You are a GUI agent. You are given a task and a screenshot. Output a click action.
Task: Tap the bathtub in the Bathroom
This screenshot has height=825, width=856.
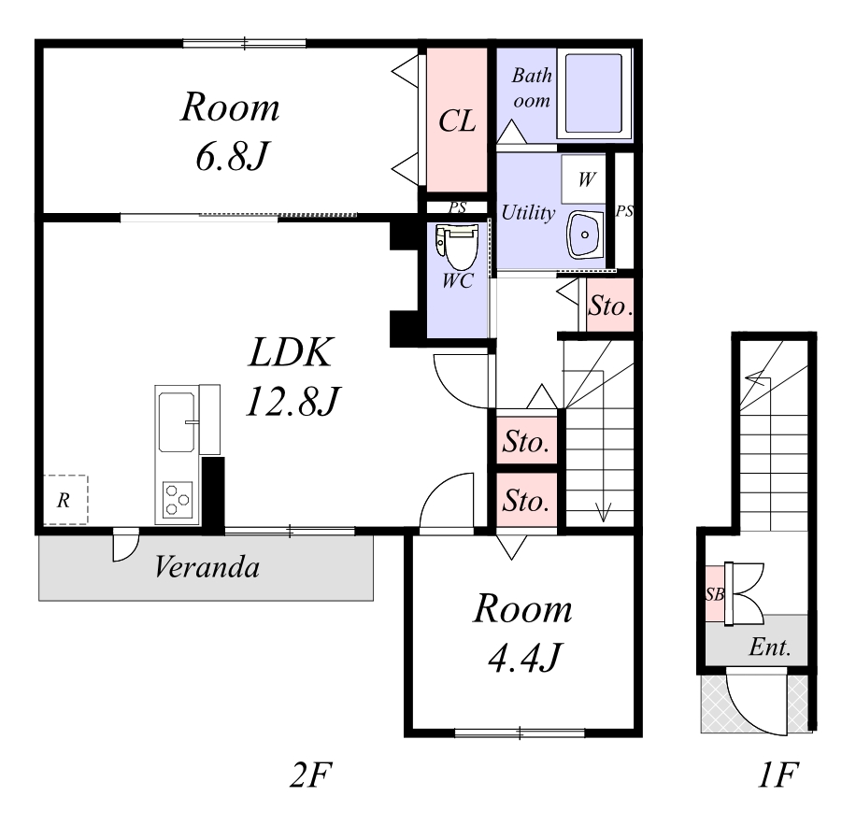[x=593, y=92]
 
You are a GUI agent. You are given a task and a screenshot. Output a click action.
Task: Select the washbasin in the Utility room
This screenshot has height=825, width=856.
[x=585, y=235]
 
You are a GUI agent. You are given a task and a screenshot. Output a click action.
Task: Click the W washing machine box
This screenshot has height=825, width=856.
[x=583, y=179]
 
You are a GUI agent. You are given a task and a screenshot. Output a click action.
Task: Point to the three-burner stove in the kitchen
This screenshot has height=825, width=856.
[x=178, y=499]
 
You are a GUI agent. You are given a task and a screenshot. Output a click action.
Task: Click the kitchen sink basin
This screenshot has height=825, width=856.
[x=177, y=421]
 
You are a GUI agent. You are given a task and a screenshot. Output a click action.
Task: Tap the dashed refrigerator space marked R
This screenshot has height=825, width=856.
[x=65, y=500]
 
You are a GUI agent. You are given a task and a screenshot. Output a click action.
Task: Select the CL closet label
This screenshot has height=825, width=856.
[x=457, y=121]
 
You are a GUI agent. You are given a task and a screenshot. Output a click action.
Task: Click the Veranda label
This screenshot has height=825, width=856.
[x=207, y=567]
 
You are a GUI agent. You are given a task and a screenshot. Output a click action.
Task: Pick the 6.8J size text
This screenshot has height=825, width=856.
[x=232, y=157]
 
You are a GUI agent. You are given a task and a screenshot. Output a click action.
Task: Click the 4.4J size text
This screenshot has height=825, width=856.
[x=524, y=658]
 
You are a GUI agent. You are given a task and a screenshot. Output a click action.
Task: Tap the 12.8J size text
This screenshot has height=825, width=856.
[x=293, y=401]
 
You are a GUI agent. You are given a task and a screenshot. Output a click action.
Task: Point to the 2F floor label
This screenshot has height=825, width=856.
[x=310, y=775]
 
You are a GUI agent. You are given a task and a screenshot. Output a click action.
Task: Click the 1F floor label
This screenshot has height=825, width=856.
[x=778, y=775]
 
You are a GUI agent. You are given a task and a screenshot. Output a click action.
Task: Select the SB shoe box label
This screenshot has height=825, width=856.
[x=715, y=594]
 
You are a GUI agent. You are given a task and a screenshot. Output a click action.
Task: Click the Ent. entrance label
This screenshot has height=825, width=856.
[x=770, y=647]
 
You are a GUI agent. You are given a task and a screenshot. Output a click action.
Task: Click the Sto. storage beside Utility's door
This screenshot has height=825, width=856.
[x=610, y=306]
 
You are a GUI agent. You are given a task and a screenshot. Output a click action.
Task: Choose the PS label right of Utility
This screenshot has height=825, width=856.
[x=624, y=210]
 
